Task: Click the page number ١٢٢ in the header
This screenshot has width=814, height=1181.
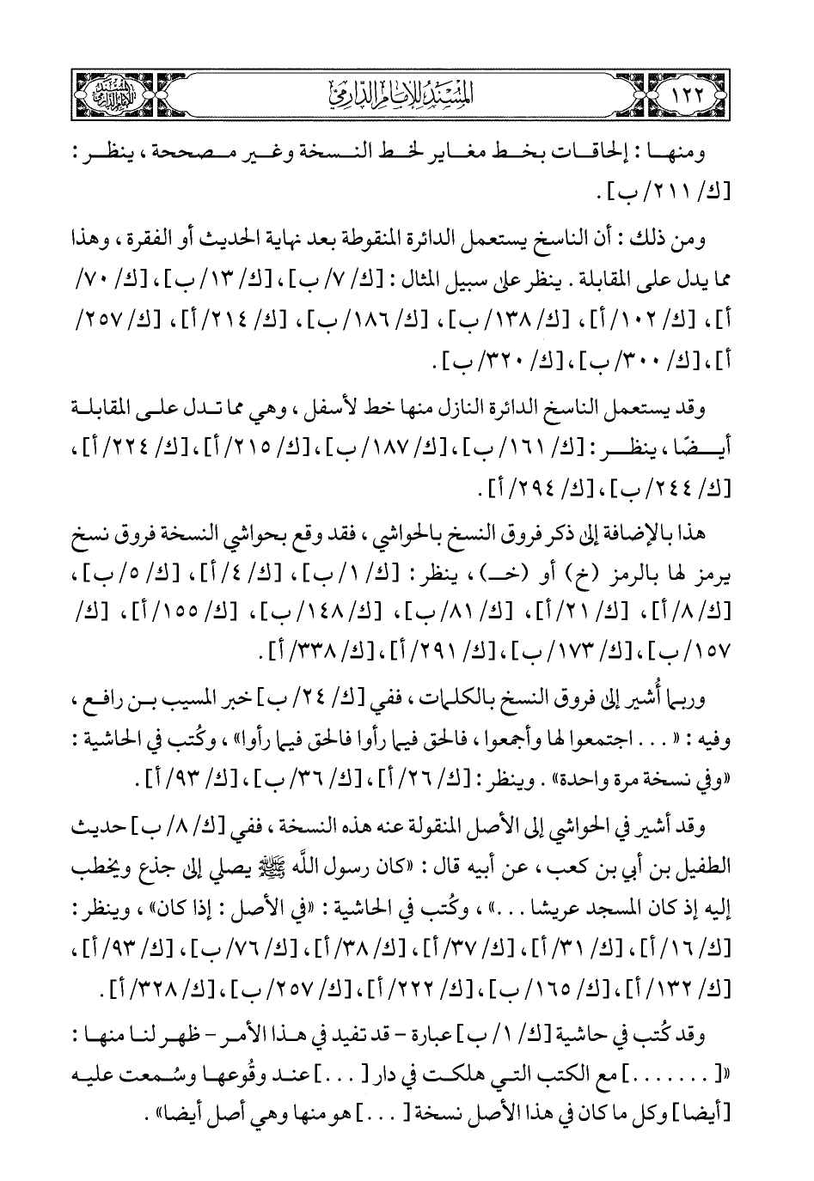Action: click(702, 90)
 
